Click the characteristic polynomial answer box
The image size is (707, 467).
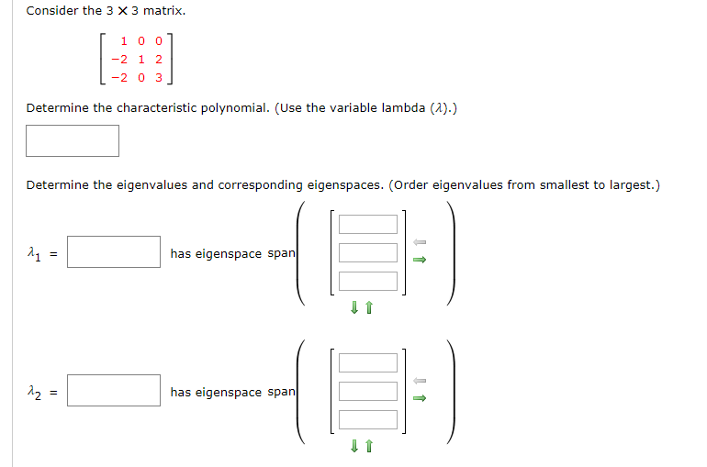coord(73,140)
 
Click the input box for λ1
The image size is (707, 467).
coord(114,252)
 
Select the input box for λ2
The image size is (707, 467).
coord(114,391)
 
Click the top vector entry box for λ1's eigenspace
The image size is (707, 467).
coord(368,224)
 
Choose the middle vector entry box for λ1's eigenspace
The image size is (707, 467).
coord(368,252)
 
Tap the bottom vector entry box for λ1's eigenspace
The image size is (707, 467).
coord(368,281)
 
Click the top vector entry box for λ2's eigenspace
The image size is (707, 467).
coord(368,362)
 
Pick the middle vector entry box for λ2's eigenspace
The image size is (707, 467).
coord(368,391)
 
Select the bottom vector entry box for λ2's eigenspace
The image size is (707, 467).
coord(368,419)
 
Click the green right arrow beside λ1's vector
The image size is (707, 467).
coord(420,260)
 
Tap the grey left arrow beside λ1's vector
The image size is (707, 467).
coord(420,242)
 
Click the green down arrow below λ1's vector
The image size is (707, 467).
coord(353,308)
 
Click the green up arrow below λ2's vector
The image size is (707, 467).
coord(368,447)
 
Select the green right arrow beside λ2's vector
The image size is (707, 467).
coord(420,398)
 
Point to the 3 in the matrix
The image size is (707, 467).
coord(158,78)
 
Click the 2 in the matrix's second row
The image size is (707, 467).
coord(158,60)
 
